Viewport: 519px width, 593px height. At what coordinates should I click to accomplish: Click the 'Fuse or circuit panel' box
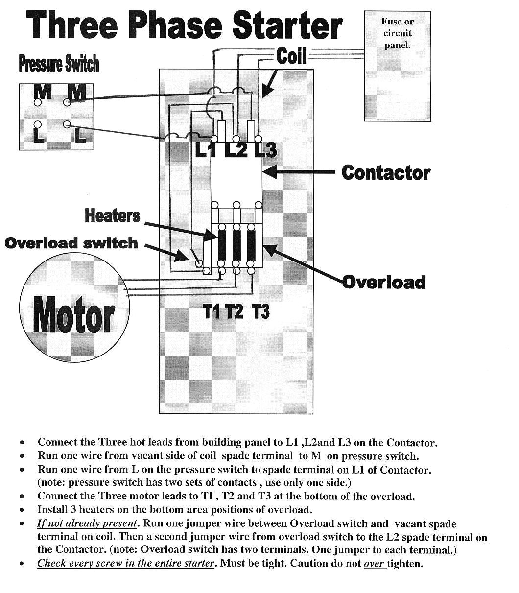coord(398,66)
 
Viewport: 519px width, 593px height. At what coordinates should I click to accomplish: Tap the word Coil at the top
coord(291,56)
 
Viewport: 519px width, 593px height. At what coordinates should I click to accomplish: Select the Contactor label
coord(386,173)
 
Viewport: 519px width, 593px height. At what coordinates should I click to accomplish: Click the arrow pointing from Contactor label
coord(299,172)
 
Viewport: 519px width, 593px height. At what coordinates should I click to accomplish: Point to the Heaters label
coord(112,215)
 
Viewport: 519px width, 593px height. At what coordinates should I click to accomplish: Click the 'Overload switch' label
coord(71,243)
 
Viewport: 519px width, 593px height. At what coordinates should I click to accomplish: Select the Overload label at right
coord(384,282)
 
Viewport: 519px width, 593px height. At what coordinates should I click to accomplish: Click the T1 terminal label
coord(212,311)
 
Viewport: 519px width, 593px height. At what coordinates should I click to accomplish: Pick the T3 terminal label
coord(260,311)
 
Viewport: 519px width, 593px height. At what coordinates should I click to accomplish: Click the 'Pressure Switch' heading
coord(59,64)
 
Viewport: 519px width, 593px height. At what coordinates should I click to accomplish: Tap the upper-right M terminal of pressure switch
coord(67,102)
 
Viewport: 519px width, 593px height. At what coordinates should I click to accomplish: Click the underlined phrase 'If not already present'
coord(87,523)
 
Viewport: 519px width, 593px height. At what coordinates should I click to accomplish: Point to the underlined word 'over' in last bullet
coord(374,564)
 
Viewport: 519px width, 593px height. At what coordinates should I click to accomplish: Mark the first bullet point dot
coord(22,442)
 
